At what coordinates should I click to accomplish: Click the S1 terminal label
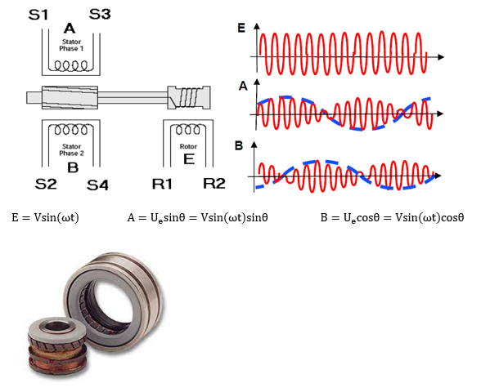(x=38, y=15)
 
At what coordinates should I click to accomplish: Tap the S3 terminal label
(x=100, y=14)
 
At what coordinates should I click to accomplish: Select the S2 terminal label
(x=46, y=184)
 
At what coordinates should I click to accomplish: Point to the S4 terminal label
(x=97, y=185)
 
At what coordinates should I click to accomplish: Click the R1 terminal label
(x=162, y=184)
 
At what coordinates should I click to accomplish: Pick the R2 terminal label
(x=214, y=183)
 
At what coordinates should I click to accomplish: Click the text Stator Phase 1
(x=71, y=45)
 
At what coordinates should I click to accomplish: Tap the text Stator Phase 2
(x=71, y=149)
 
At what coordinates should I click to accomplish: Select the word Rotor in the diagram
(x=188, y=146)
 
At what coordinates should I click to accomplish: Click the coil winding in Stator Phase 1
(x=71, y=65)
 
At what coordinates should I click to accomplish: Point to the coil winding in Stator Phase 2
(x=71, y=129)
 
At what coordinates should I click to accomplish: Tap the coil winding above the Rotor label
(x=188, y=129)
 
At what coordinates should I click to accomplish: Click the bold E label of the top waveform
(x=241, y=28)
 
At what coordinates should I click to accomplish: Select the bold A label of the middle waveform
(x=243, y=86)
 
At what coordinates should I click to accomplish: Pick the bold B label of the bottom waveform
(x=239, y=145)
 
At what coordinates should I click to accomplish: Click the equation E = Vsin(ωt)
(x=46, y=217)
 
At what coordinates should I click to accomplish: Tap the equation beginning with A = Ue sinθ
(x=198, y=217)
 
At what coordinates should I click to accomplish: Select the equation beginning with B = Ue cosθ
(x=392, y=217)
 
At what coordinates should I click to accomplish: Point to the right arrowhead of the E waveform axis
(x=441, y=57)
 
